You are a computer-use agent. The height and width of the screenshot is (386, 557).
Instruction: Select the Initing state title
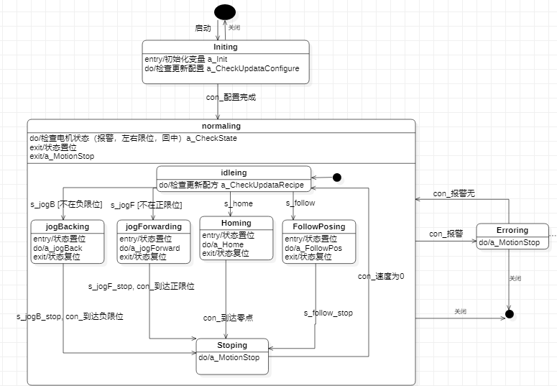[x=226, y=47]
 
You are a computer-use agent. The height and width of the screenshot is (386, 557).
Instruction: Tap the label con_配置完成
[x=231, y=97]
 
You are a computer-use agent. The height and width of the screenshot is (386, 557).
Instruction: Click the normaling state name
[x=221, y=126]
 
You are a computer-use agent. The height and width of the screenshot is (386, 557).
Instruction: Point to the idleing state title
[x=233, y=173]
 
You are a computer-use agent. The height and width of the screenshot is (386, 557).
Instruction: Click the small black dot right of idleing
[x=336, y=177]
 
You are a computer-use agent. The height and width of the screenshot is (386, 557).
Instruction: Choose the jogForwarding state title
[x=149, y=226]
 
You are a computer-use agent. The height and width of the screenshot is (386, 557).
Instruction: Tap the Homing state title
[x=236, y=223]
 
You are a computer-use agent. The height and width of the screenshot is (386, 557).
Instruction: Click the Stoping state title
[x=232, y=345]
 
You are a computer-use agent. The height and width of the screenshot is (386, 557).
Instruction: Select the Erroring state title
[x=512, y=231]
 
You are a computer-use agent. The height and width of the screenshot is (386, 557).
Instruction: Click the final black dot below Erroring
[x=510, y=314]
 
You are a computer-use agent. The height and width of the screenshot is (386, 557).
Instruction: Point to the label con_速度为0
[x=381, y=275]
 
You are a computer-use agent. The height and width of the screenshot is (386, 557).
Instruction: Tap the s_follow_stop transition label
[x=328, y=313]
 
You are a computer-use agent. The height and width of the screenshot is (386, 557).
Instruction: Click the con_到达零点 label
[x=227, y=317]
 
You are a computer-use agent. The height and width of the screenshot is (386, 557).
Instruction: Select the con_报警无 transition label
[x=454, y=194]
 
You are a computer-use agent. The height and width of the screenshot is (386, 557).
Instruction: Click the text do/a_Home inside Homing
[x=223, y=244]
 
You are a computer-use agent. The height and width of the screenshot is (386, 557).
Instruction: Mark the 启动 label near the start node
[x=203, y=28]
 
